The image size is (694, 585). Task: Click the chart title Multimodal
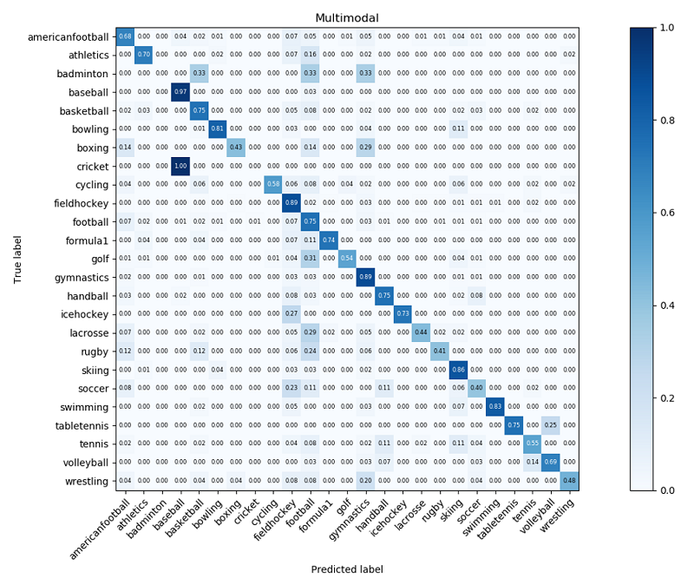347,18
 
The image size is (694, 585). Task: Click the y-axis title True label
17,259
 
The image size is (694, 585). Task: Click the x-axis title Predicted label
347,569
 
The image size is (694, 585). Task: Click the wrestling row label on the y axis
85,481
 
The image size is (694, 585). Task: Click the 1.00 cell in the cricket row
180,166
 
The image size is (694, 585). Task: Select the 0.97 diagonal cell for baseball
180,91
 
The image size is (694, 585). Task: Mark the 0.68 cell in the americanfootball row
125,36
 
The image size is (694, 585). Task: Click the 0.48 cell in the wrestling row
569,481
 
